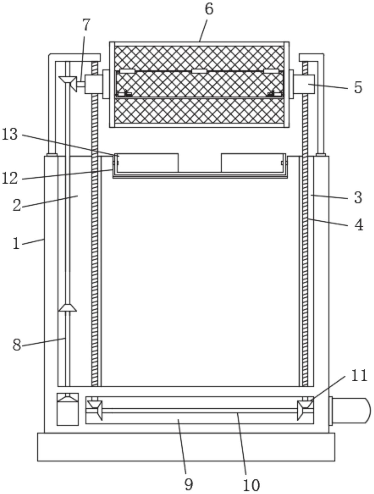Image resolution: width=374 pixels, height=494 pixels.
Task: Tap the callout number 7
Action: coord(86,25)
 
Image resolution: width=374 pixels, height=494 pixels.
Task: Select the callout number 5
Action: coord(358,87)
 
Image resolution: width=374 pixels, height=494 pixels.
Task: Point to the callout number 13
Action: coord(10,134)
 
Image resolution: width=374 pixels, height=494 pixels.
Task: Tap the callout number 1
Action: coord(16,243)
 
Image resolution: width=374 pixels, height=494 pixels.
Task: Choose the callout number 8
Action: coord(17,345)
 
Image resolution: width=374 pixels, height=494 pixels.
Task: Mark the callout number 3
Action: coord(358,197)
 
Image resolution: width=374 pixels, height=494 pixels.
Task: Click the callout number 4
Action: coord(359,225)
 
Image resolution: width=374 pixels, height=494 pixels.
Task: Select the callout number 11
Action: coord(359,375)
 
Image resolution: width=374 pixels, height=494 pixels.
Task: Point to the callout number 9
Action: coord(189,484)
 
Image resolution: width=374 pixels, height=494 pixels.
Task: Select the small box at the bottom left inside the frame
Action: coord(68,409)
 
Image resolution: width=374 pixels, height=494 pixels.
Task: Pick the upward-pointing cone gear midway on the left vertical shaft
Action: coord(68,308)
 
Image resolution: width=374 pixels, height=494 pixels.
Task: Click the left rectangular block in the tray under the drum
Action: coord(147,163)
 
